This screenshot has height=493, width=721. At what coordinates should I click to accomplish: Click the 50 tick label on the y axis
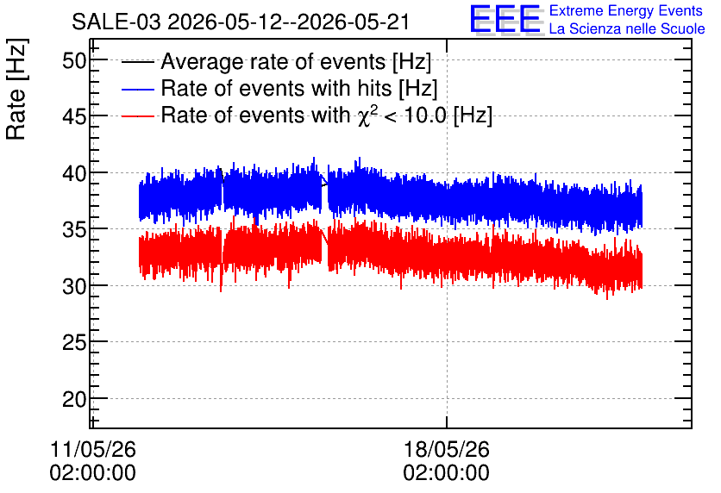pyautogui.click(x=74, y=60)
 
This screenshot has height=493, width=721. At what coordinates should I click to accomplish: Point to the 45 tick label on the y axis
pyautogui.click(x=74, y=116)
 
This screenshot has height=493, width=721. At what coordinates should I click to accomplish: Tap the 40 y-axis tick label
pyautogui.click(x=74, y=173)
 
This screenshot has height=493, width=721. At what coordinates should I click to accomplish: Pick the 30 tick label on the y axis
pyautogui.click(x=74, y=286)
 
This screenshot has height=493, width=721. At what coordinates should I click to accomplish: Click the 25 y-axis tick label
pyautogui.click(x=74, y=343)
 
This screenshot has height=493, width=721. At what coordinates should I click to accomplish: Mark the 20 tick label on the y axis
pyautogui.click(x=74, y=399)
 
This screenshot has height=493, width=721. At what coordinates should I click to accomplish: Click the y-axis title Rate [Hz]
pyautogui.click(x=16, y=89)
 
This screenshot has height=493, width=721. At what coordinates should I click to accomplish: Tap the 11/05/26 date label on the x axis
pyautogui.click(x=93, y=449)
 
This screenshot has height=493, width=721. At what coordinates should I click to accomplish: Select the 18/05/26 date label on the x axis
pyautogui.click(x=447, y=449)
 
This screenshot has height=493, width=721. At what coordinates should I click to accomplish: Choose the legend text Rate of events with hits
pyautogui.click(x=277, y=88)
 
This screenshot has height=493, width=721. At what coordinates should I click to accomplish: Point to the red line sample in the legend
pyautogui.click(x=138, y=115)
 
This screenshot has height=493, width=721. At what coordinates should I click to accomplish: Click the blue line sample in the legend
pyautogui.click(x=138, y=89)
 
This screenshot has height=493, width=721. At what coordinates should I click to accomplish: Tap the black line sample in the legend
pyautogui.click(x=138, y=62)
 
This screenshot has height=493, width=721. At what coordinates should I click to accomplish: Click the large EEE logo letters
pyautogui.click(x=505, y=19)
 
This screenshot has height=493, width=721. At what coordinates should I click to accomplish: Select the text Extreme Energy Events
pyautogui.click(x=626, y=10)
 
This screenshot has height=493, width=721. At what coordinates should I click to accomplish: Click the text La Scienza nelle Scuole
pyautogui.click(x=627, y=28)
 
